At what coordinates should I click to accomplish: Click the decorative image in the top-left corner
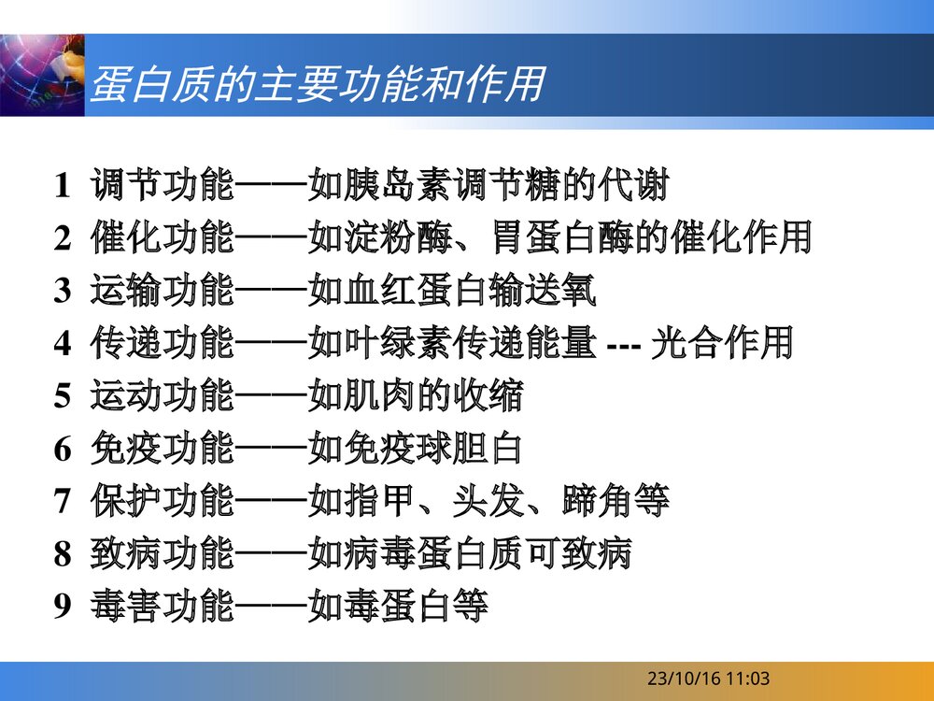tap(42, 75)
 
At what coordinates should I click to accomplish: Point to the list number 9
tap(62, 608)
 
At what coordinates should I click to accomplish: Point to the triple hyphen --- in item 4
tap(622, 345)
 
